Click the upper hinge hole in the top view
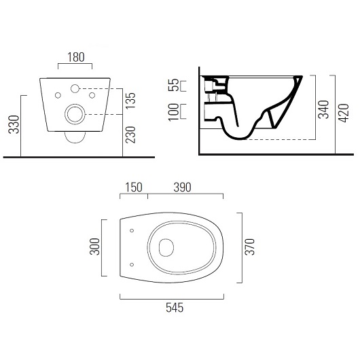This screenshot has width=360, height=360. pyautogui.click(x=131, y=231)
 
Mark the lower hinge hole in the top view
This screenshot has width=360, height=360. pyautogui.click(x=131, y=264)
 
